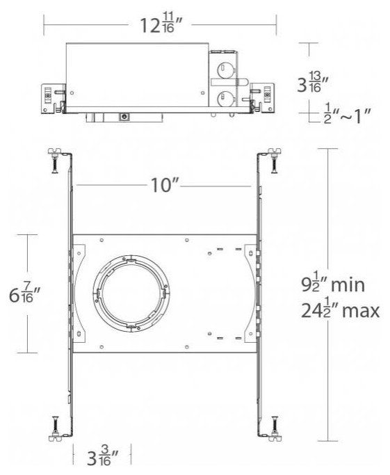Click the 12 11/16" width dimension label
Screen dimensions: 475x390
(161, 27)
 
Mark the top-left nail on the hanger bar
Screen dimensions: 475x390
(54, 161)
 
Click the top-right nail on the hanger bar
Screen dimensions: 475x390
(273, 161)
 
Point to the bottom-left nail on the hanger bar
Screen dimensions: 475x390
(54, 426)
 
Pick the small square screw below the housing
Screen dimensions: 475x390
(124, 117)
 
